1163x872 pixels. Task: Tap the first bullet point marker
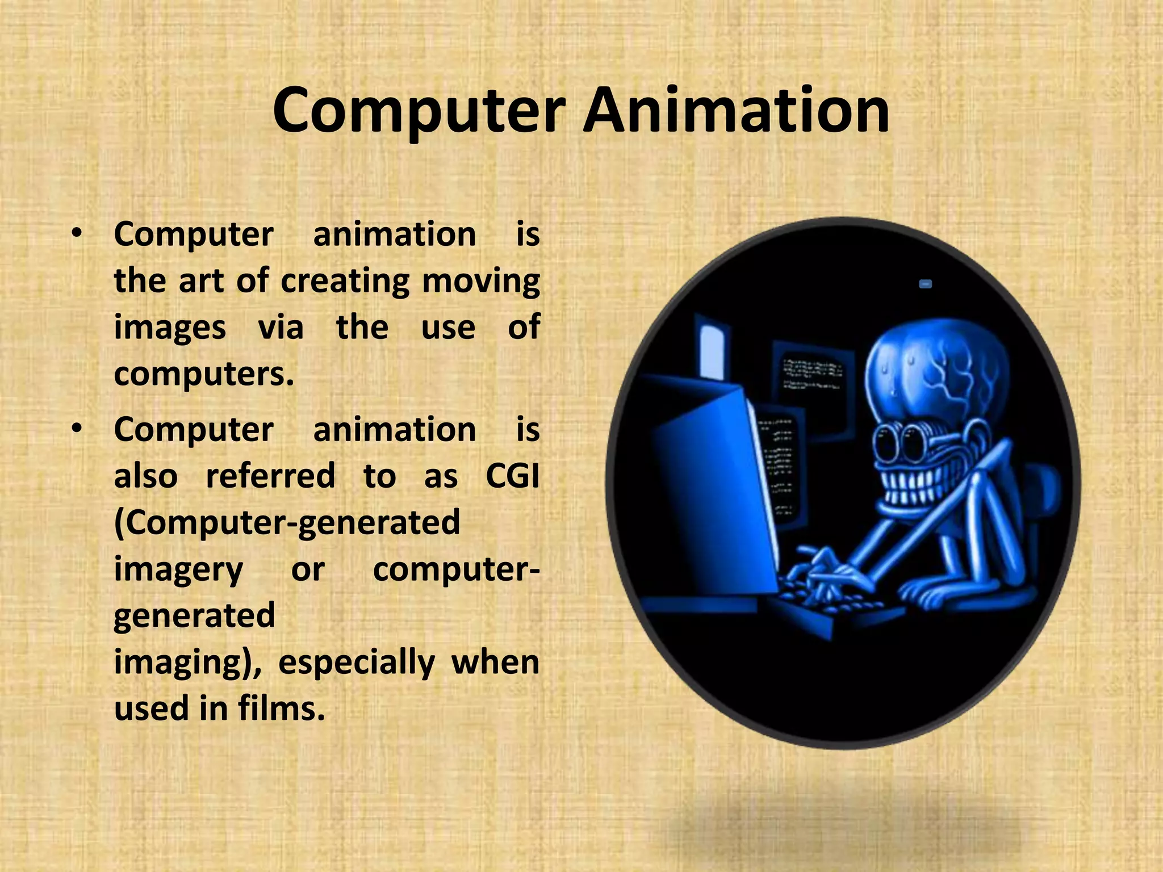point(77,233)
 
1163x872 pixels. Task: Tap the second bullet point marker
point(77,429)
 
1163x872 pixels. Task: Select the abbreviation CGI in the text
point(512,475)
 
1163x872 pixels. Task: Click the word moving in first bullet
point(480,281)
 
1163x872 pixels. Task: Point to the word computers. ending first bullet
point(204,374)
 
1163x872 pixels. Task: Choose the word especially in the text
point(357,662)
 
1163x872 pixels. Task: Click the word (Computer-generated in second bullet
point(287,522)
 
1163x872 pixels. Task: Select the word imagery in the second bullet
point(178,569)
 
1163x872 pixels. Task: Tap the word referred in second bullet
point(270,475)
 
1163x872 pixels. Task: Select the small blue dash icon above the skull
point(925,284)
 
